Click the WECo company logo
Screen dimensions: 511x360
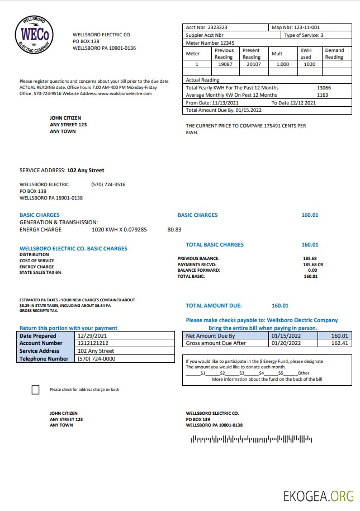click(35, 35)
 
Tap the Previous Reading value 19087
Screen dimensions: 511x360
click(224, 64)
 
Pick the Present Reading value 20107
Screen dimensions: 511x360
click(251, 64)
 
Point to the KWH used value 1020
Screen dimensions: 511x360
click(309, 64)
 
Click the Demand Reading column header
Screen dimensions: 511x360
click(334, 54)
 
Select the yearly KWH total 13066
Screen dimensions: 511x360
click(324, 88)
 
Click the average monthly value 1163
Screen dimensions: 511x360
click(323, 95)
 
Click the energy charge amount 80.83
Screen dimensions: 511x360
click(174, 229)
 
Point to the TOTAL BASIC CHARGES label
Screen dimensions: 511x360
click(215, 245)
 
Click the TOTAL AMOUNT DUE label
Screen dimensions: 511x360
click(214, 306)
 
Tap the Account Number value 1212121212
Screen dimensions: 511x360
click(93, 343)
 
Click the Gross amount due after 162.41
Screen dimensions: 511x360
click(339, 343)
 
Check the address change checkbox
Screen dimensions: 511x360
click(36, 390)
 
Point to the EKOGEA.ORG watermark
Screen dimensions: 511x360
click(318, 495)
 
